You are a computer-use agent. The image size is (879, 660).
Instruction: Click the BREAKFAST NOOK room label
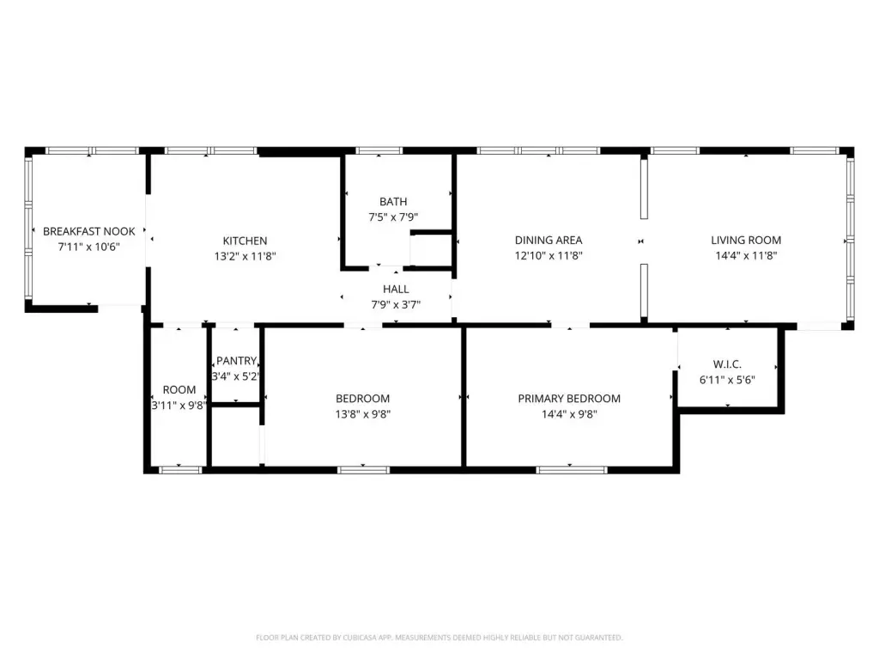click(x=88, y=231)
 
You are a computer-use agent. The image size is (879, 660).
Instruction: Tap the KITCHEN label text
click(x=245, y=241)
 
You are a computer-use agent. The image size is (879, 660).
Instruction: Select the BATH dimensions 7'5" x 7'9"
click(x=393, y=217)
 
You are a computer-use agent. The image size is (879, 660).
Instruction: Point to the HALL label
click(x=396, y=289)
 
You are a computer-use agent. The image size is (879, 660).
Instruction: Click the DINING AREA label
click(x=549, y=241)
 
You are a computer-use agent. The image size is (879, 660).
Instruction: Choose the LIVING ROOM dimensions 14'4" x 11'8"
click(x=746, y=255)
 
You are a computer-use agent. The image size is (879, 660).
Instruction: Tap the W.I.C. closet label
click(x=727, y=364)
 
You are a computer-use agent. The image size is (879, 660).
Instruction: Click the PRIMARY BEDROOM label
click(x=569, y=399)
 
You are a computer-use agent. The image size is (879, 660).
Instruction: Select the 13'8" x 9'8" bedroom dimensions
click(x=363, y=414)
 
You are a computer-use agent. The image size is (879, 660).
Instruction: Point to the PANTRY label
click(x=237, y=361)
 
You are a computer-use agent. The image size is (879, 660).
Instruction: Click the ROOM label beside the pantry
click(x=179, y=389)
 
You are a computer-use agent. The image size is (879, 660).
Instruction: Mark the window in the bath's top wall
click(x=379, y=150)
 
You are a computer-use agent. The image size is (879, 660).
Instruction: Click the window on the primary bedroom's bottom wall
click(x=571, y=470)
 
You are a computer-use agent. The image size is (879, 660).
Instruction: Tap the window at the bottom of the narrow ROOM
click(x=180, y=470)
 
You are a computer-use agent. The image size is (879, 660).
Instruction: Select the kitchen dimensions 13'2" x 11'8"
click(x=245, y=256)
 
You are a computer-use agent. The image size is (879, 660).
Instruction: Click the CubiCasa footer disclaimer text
click(x=439, y=638)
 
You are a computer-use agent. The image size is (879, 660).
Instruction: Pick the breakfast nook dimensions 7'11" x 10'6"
click(x=88, y=247)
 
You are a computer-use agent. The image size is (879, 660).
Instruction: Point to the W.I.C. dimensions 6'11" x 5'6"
click(x=727, y=380)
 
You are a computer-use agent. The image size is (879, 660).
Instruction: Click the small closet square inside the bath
click(x=431, y=250)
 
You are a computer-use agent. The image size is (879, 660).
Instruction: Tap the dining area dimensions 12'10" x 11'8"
click(x=549, y=255)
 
